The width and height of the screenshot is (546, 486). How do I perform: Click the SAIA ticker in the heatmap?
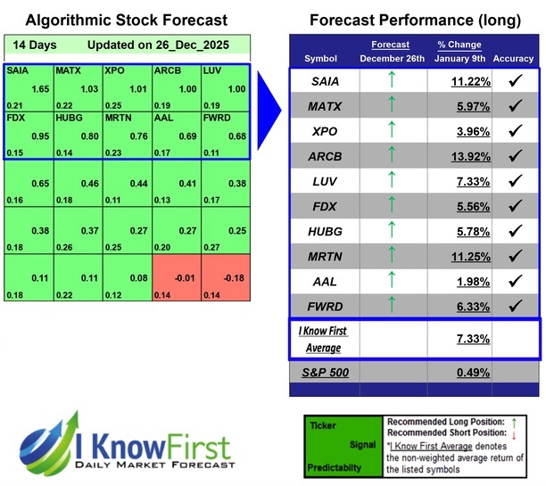[x=17, y=69]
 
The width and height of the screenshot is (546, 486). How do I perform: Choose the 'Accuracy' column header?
[x=512, y=59]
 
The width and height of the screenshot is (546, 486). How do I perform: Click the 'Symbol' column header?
[x=321, y=59]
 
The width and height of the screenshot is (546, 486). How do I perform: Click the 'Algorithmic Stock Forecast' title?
[x=126, y=20]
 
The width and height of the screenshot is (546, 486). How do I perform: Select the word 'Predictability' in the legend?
[x=335, y=465]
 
